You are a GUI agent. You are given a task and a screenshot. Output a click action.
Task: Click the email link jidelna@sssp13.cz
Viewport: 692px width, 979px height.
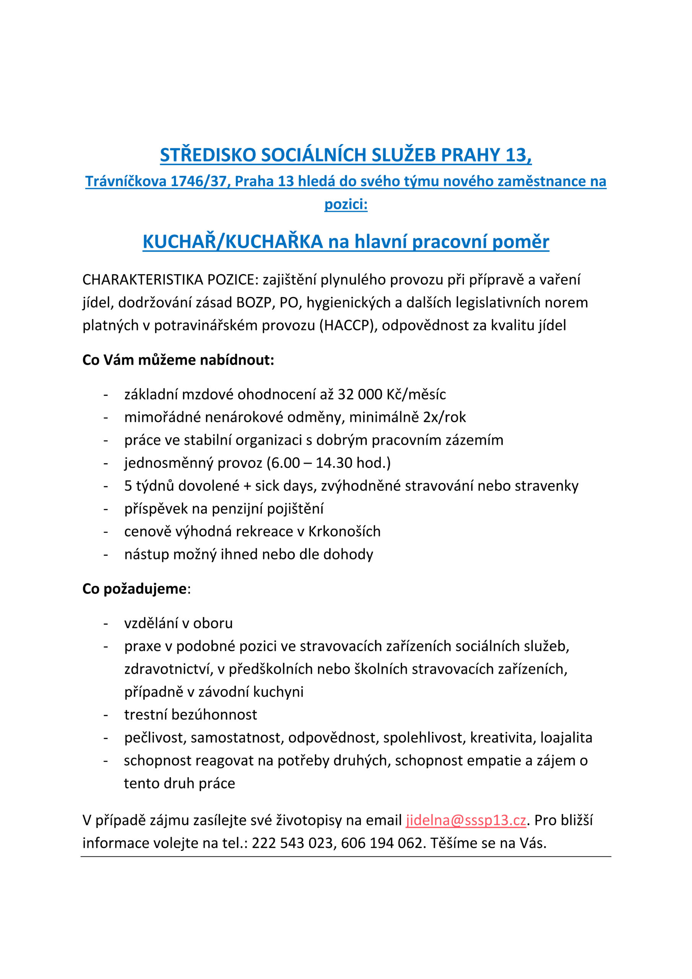tap(466, 820)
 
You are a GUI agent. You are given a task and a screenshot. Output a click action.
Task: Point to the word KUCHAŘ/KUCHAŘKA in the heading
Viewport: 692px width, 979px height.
tap(233, 242)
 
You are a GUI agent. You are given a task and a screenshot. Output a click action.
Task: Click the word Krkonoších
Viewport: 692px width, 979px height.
tap(344, 531)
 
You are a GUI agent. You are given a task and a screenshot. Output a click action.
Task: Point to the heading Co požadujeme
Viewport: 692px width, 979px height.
tap(135, 589)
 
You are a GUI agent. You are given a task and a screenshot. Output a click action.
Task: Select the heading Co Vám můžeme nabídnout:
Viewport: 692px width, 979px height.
tap(178, 360)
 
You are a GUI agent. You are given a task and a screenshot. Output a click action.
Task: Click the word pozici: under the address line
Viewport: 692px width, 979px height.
tap(346, 204)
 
